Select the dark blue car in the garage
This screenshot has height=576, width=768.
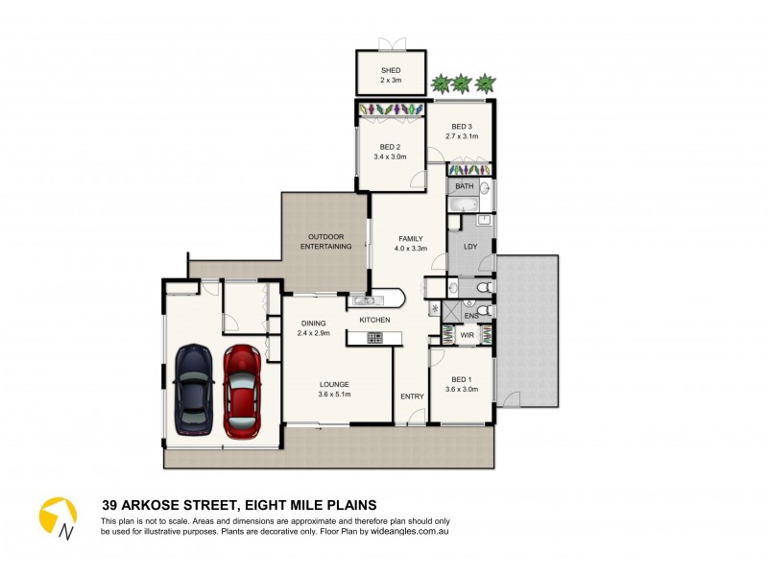click(x=193, y=390)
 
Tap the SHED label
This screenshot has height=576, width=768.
click(x=390, y=71)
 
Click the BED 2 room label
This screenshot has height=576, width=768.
click(x=390, y=147)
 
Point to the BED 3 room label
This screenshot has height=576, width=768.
click(x=462, y=127)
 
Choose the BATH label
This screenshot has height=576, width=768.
click(x=465, y=186)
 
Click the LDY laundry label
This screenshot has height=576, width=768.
click(x=470, y=247)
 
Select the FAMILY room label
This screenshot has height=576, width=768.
click(x=410, y=238)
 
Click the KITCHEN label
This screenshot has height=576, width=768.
click(x=374, y=319)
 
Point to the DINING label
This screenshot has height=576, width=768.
click(x=313, y=324)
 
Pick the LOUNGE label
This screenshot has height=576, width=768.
click(x=334, y=384)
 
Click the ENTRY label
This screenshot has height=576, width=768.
click(x=412, y=396)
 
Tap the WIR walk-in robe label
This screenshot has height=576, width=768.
click(x=467, y=336)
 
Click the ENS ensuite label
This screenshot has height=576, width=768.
click(x=471, y=315)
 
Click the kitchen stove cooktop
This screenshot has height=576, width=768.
click(x=372, y=337)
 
